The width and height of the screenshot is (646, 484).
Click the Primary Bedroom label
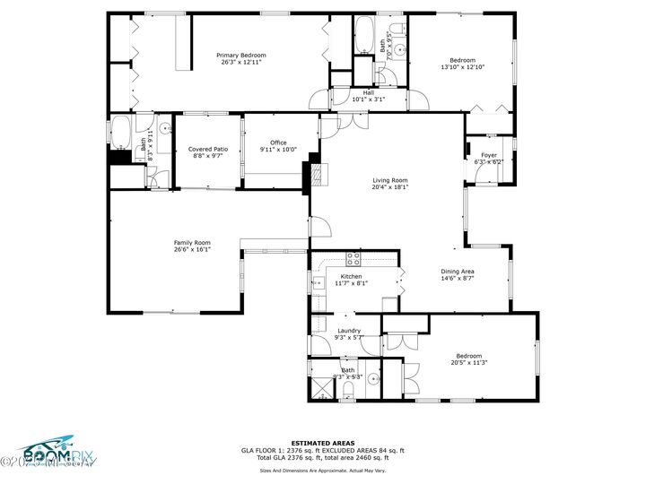coord(241,56)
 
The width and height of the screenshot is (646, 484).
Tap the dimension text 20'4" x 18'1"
coord(390,187)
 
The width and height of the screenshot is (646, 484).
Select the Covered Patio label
coord(207,149)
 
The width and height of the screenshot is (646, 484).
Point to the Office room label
coord(278,143)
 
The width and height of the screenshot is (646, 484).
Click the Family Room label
coord(192,242)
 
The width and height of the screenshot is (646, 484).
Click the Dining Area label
coord(457,271)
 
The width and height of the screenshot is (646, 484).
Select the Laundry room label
coord(349,331)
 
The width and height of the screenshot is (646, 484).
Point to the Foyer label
coord(489,155)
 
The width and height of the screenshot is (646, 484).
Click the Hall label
coord(368,92)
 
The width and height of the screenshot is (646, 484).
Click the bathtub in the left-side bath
coord(120,134)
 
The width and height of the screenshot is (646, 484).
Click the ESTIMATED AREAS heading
coord(322,443)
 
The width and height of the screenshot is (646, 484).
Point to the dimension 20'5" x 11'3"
coord(468,363)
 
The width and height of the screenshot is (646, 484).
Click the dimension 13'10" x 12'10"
coord(462,67)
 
